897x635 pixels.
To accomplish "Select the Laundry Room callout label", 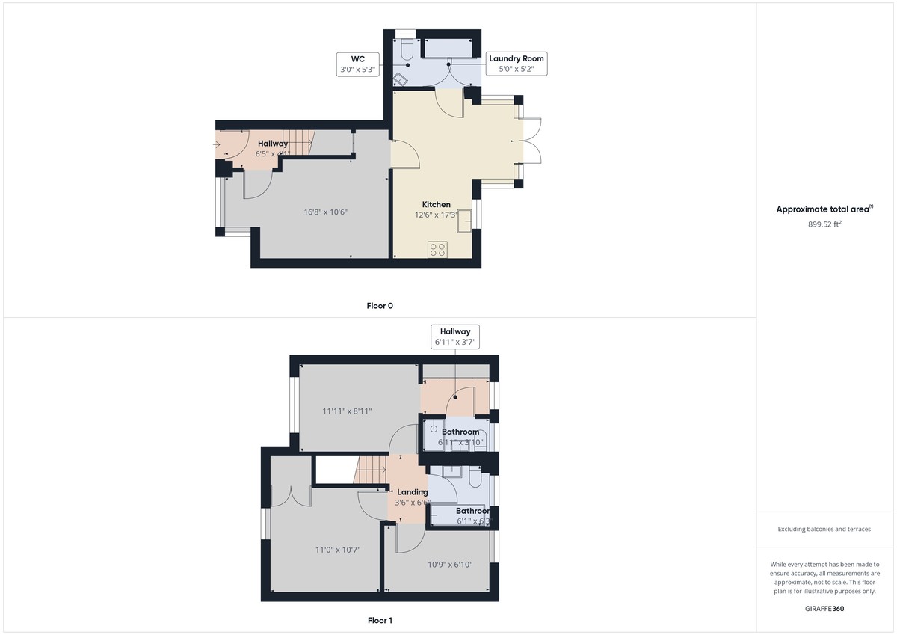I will click(516, 64).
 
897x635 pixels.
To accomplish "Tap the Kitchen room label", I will click(437, 205).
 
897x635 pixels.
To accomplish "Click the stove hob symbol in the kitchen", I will click(438, 250).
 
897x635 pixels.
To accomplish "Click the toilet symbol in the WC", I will click(406, 49).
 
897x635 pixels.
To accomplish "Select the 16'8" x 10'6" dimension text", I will click(325, 212).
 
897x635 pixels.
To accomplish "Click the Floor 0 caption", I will click(380, 306).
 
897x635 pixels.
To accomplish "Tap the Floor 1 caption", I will click(380, 621).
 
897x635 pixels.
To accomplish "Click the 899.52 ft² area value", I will click(824, 223).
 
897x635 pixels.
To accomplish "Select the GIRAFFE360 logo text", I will click(824, 609).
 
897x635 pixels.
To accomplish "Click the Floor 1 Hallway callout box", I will click(455, 337).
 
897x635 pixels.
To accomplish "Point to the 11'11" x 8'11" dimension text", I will click(347, 411).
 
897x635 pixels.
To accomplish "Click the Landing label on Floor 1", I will click(412, 492).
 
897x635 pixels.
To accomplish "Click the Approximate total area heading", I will click(824, 209).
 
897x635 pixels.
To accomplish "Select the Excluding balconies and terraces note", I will click(824, 529).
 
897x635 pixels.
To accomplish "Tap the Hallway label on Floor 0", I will click(273, 144).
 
